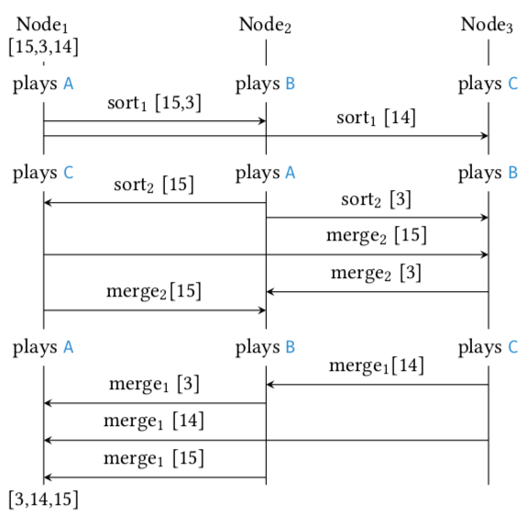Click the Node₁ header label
pyautogui.click(x=42, y=25)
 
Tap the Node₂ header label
pyautogui.click(x=265, y=25)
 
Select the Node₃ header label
pyautogui.click(x=487, y=25)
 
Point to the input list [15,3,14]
pyautogui.click(x=43, y=47)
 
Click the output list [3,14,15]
pyautogui.click(x=43, y=499)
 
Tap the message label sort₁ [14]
pyautogui.click(x=376, y=118)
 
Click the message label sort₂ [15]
pyautogui.click(x=154, y=185)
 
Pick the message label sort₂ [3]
pyautogui.click(x=376, y=199)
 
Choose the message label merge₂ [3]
pyautogui.click(x=376, y=273)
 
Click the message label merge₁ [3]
pyautogui.click(x=154, y=384)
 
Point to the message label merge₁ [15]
pyautogui.click(x=154, y=458)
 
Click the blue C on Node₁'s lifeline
pyautogui.click(x=69, y=173)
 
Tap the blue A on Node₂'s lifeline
pyautogui.click(x=291, y=173)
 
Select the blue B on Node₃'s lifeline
pyautogui.click(x=512, y=173)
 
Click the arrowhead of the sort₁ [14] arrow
pyautogui.click(x=485, y=136)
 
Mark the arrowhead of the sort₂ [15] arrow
pyautogui.click(x=48, y=202)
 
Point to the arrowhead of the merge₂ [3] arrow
pyautogui.click(x=270, y=292)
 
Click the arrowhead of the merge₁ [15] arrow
pyautogui.click(x=48, y=477)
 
